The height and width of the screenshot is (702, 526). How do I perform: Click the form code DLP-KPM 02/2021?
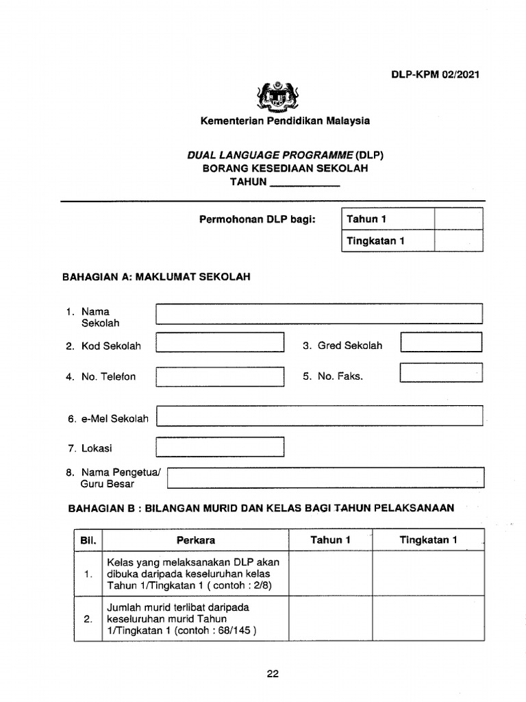(x=435, y=74)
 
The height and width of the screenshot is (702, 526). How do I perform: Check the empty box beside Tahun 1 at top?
(x=458, y=219)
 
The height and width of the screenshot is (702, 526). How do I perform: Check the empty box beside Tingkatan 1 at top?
(x=458, y=241)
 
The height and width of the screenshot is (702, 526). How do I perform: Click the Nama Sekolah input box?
(x=319, y=314)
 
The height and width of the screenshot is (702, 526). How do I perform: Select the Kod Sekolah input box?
(x=220, y=342)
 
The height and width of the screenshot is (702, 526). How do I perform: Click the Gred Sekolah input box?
(x=441, y=342)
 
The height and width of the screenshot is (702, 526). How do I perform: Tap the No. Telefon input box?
(x=220, y=376)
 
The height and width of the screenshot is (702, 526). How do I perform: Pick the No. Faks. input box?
(x=441, y=373)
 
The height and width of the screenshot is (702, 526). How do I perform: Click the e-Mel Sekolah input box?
(x=319, y=415)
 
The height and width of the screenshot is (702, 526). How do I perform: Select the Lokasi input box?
(x=220, y=447)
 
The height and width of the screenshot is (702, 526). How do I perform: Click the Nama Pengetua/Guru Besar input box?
(x=325, y=477)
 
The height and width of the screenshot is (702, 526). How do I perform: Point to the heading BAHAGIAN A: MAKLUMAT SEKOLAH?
(x=157, y=277)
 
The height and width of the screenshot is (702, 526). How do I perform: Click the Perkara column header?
(x=196, y=540)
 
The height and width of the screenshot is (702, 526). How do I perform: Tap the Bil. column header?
(x=88, y=540)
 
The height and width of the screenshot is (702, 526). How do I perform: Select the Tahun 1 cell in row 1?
(x=330, y=574)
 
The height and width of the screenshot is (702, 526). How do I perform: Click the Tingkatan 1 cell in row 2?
(x=428, y=618)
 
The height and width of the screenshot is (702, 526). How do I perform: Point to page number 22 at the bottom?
(x=273, y=674)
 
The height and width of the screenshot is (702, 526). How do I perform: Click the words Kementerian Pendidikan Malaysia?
(x=284, y=121)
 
